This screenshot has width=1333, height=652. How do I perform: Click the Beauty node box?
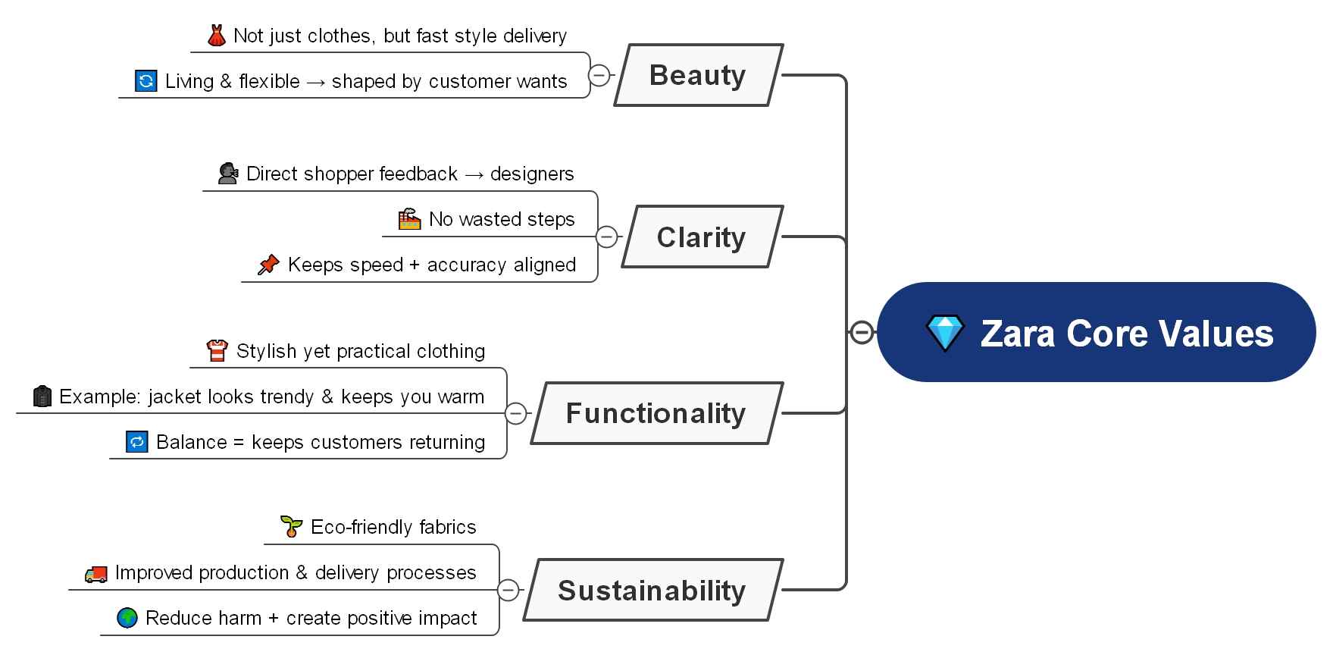[698, 75]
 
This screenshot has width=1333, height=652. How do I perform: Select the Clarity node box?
[702, 237]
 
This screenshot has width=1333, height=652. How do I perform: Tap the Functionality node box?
[656, 413]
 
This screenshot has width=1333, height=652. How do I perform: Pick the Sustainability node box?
[652, 590]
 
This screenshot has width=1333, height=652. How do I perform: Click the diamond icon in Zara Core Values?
[945, 334]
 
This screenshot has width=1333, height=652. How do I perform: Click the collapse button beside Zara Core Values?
[862, 332]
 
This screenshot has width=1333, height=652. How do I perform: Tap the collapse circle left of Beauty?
[599, 75]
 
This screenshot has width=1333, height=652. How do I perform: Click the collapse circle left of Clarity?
[606, 237]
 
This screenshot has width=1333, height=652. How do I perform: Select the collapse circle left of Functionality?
[515, 413]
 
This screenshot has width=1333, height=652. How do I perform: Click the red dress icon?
[217, 36]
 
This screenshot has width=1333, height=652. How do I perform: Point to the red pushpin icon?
[268, 265]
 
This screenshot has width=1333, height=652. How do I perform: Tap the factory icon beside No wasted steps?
[409, 219]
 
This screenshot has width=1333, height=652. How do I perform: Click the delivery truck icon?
[95, 573]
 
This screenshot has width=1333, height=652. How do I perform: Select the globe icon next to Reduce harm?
[127, 618]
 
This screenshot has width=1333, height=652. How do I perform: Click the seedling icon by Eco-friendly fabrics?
[291, 526]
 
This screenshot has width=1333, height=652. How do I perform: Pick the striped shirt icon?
[217, 351]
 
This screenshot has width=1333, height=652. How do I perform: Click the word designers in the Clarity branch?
[532, 174]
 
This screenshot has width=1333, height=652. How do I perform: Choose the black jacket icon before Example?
[42, 397]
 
